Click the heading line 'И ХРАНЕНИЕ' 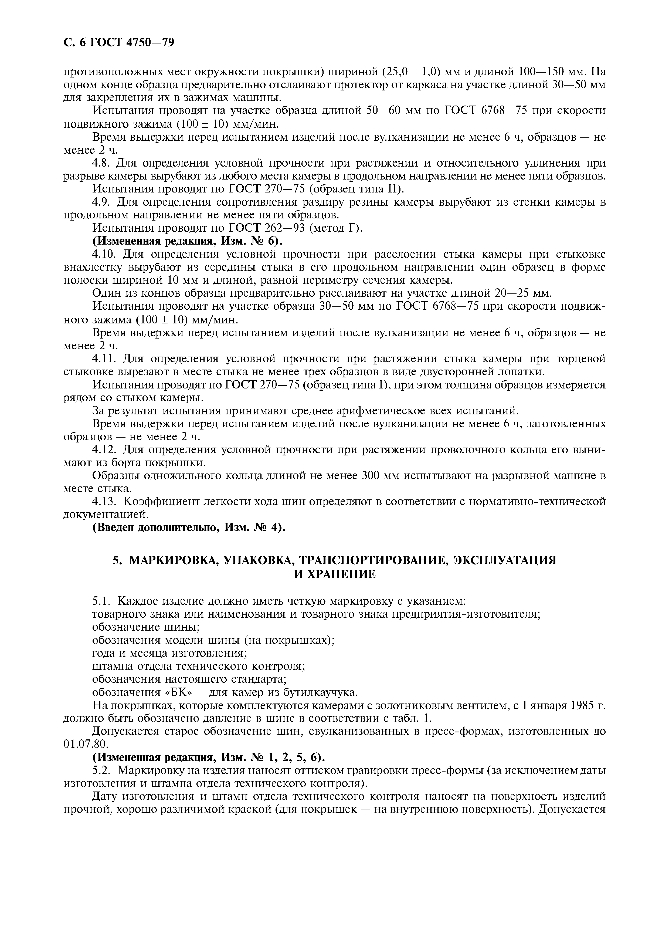(x=334, y=574)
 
